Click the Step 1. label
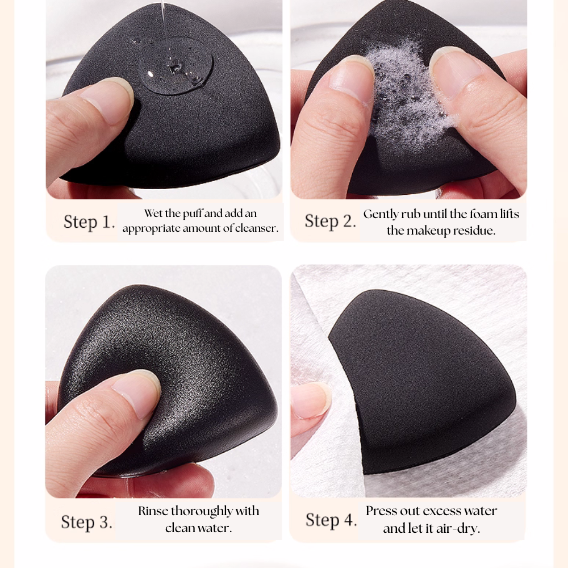click(89, 222)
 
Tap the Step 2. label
click(330, 221)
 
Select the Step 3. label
click(86, 522)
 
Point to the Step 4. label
click(331, 520)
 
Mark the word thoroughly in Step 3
click(203, 511)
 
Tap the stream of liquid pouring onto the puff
click(164, 23)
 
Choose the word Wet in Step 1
click(153, 214)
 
